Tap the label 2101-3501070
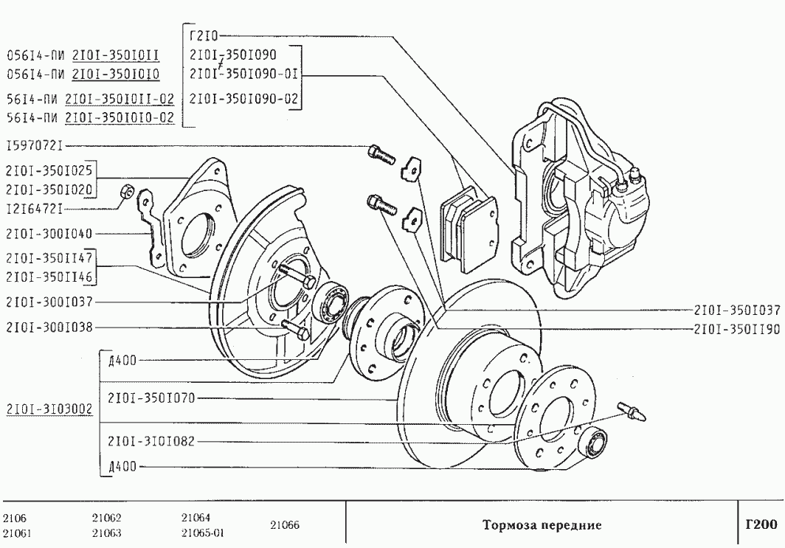(151, 398)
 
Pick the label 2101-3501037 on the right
(737, 310)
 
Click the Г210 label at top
(204, 35)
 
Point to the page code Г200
(761, 525)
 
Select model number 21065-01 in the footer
(202, 533)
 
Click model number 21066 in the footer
(284, 525)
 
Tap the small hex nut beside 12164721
(125, 192)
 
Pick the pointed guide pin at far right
(633, 412)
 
